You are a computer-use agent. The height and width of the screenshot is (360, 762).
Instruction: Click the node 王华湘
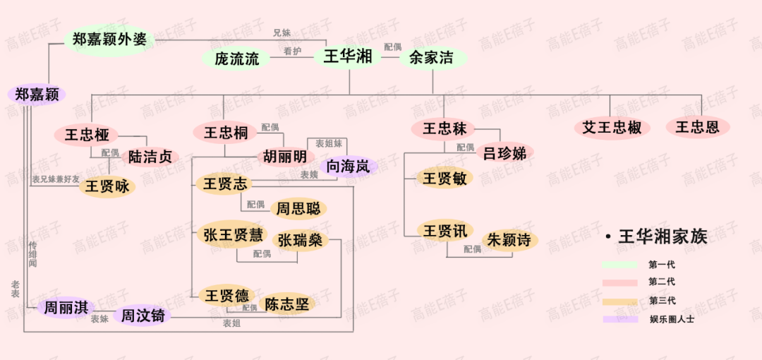(x=348, y=57)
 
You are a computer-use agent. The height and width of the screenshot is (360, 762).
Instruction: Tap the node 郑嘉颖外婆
(x=109, y=39)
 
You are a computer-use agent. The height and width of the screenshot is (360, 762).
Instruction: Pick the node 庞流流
(x=237, y=59)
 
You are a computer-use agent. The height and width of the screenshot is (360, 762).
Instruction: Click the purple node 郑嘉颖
(x=37, y=95)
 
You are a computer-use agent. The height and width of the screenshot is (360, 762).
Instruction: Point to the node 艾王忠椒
(x=612, y=128)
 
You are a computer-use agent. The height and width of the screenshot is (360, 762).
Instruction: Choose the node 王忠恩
(x=697, y=127)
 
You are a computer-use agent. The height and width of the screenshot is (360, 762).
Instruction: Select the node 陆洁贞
(x=147, y=157)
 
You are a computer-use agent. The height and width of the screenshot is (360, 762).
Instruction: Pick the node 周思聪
(x=298, y=208)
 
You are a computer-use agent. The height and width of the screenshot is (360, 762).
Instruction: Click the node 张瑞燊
(x=300, y=240)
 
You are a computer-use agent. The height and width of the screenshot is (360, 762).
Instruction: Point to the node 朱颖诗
(x=509, y=239)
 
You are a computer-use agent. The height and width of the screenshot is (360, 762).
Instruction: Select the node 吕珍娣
(x=505, y=152)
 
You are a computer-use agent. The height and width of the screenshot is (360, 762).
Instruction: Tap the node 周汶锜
(x=143, y=315)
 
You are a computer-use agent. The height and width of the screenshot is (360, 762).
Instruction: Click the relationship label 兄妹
(x=282, y=32)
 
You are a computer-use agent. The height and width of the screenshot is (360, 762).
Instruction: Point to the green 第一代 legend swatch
(x=619, y=265)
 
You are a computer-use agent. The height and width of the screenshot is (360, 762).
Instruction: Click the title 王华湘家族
(x=662, y=236)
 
